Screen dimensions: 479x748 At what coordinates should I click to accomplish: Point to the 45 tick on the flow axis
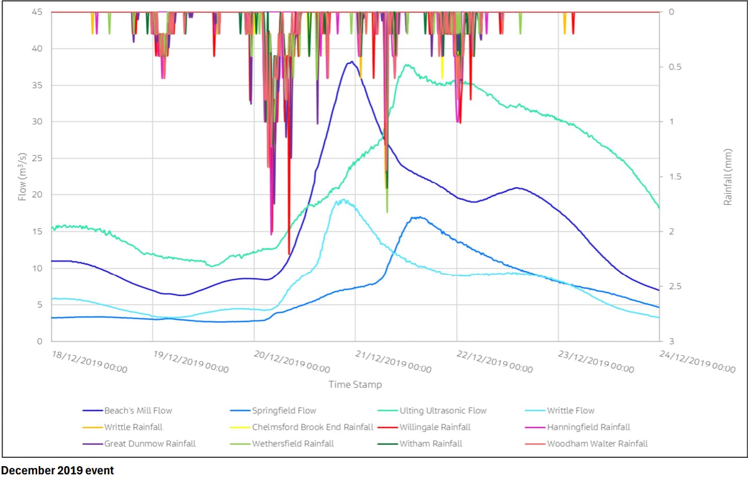[x=37, y=12]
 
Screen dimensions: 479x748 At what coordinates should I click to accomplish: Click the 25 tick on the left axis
[x=37, y=158]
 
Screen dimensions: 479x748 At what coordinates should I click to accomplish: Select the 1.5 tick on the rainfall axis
[x=675, y=176]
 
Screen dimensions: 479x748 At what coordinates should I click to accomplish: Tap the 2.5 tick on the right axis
[x=675, y=286]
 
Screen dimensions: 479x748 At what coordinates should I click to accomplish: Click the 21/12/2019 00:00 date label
[x=393, y=361]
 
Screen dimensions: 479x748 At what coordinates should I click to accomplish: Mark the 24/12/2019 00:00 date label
[x=697, y=361]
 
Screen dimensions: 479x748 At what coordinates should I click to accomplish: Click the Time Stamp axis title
[x=355, y=384]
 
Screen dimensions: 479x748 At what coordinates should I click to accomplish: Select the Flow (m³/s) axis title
[x=22, y=176]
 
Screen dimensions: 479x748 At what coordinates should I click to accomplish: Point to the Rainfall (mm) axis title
[x=727, y=177]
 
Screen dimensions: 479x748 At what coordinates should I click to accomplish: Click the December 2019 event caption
[x=57, y=470]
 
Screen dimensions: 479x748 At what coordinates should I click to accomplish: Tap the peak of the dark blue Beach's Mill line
[x=351, y=62]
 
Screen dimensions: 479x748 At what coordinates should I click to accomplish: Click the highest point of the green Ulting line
[x=408, y=65]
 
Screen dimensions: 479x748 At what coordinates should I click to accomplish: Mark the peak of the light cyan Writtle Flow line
[x=343, y=200]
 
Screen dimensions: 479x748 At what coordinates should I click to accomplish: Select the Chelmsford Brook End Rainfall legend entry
[x=312, y=427]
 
